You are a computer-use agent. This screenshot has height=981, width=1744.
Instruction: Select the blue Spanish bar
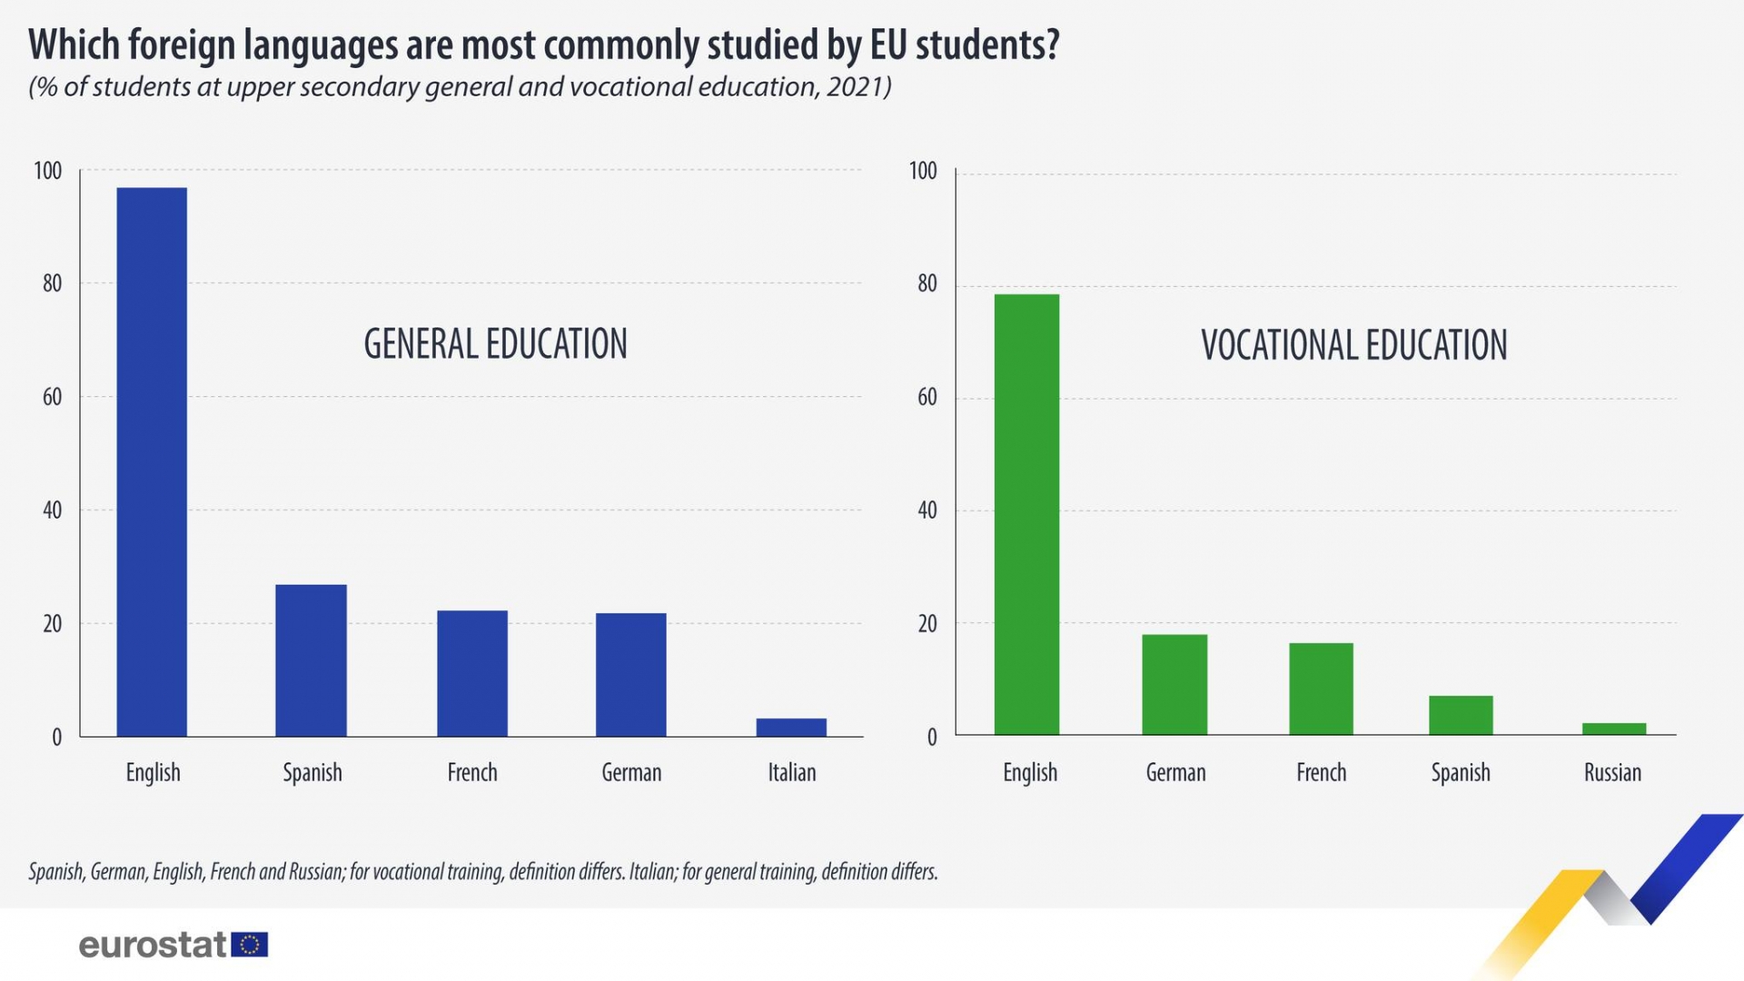[311, 660]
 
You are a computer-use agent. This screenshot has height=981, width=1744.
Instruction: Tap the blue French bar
[472, 673]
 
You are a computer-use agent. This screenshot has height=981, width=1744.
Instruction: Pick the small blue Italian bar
[791, 727]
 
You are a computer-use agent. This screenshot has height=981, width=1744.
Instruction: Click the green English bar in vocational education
[1026, 514]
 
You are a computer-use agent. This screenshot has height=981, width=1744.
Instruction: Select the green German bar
[1174, 684]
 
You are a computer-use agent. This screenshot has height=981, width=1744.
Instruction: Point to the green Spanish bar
[1461, 715]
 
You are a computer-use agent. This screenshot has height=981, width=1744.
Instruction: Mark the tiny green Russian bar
[1613, 728]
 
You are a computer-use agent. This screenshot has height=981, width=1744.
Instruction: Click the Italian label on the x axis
[791, 772]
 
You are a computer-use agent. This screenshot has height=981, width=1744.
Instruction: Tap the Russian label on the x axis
[1612, 772]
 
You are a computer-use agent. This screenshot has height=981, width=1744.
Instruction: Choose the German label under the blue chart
[631, 772]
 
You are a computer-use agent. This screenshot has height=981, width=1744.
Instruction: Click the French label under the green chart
[1321, 772]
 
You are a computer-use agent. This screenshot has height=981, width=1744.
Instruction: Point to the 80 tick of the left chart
[52, 283]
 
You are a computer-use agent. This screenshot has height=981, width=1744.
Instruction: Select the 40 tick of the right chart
[926, 510]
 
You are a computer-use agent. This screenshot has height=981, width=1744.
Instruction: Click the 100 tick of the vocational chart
[922, 171]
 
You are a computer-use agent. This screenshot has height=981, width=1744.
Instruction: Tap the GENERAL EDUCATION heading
[495, 344]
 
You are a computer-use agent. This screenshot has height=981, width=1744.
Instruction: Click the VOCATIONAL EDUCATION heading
[1353, 345]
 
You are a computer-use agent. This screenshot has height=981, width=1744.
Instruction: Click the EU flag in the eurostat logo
[250, 945]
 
